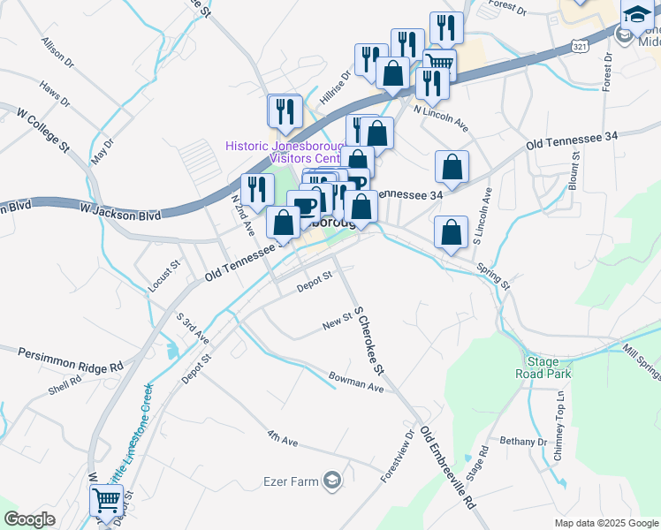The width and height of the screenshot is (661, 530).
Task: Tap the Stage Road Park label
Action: click(x=549, y=367)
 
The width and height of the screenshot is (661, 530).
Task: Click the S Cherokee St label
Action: click(x=363, y=338)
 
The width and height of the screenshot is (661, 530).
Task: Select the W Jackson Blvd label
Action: click(x=120, y=214)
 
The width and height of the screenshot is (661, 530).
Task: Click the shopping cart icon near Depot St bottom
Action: click(x=107, y=501)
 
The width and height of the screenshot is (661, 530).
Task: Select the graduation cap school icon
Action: click(x=637, y=15)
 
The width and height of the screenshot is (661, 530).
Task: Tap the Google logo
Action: click(x=30, y=519)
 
